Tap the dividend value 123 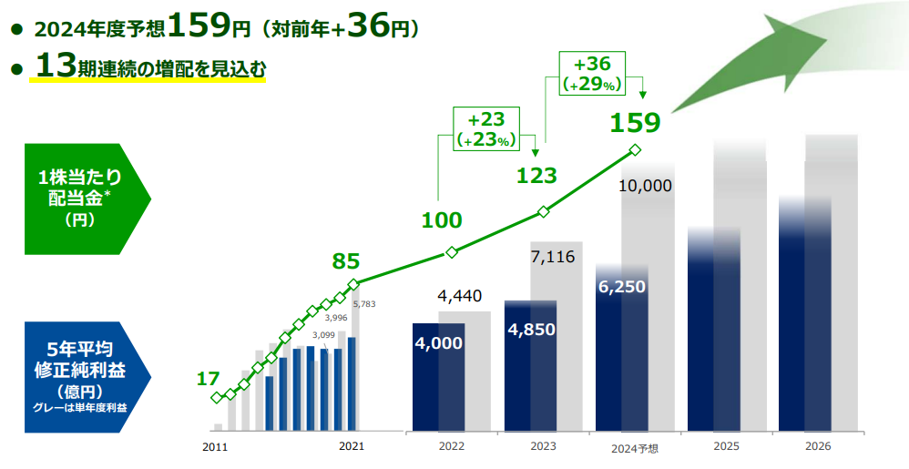[536, 175]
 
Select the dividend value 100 [442, 219]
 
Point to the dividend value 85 [345, 262]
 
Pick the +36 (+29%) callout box [592, 74]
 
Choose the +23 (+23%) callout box [485, 129]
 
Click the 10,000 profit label [644, 186]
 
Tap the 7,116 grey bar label [552, 257]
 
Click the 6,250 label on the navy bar [622, 287]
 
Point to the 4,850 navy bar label [530, 328]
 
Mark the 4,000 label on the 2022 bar [438, 343]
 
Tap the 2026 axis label [818, 446]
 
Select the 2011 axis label [214, 446]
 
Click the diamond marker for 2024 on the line [635, 150]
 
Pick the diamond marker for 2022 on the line [450, 252]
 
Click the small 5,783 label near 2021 [363, 304]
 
